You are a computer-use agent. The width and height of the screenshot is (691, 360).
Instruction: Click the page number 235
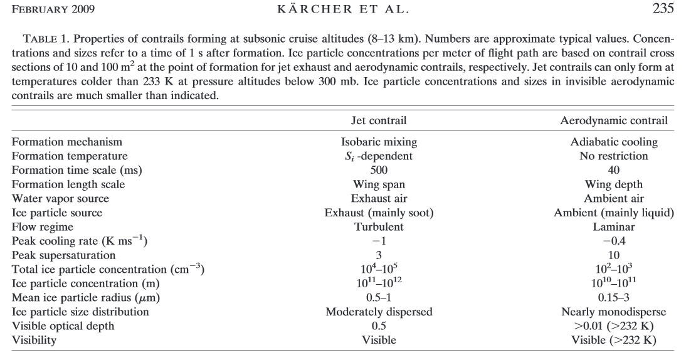[x=662, y=9]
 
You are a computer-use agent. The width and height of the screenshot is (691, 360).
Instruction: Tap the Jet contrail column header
[x=379, y=120]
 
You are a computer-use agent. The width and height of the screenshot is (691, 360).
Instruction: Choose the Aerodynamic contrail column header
[x=613, y=120]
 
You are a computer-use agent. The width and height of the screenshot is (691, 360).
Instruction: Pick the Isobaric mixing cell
[x=379, y=142]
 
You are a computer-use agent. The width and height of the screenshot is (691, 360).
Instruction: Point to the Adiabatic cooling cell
[x=613, y=142]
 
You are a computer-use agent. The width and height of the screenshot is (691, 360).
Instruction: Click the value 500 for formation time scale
[x=379, y=170]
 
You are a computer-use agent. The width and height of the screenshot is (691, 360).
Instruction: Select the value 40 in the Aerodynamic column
[x=613, y=170]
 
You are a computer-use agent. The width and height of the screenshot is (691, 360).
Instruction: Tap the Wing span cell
[x=379, y=184]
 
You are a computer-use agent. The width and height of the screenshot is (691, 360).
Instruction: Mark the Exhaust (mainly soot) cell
[x=379, y=213]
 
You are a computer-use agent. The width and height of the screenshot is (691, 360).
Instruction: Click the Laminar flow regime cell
[x=613, y=226]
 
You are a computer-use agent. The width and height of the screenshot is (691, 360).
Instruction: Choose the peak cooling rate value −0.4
[x=613, y=241]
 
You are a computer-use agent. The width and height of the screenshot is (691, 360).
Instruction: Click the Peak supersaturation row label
[x=65, y=255]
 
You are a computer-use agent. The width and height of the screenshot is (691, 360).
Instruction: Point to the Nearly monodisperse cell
[x=613, y=312]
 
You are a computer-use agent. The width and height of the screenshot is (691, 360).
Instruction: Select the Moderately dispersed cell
[x=379, y=312]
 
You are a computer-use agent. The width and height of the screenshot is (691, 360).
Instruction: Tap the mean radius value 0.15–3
[x=613, y=297]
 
